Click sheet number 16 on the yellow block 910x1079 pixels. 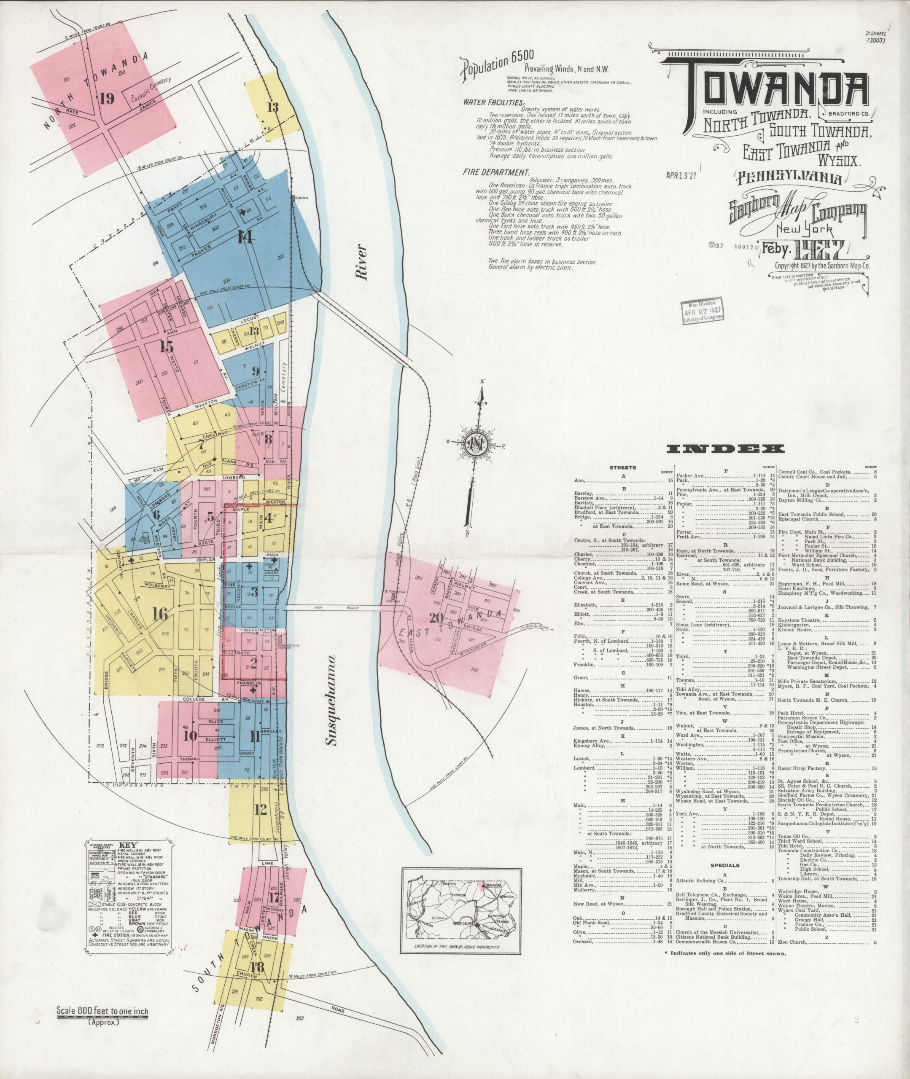[x=160, y=615]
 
